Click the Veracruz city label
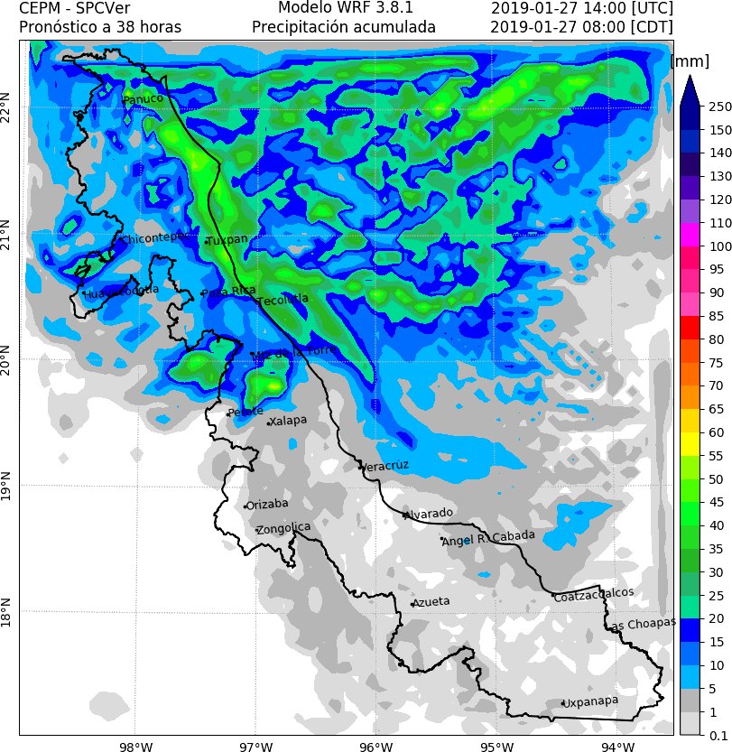385,465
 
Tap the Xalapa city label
289,421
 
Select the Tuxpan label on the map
227,240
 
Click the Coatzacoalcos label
594,595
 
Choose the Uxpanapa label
590,701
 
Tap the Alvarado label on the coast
429,514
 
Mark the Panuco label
143,98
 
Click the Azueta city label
431,601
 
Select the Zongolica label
283,528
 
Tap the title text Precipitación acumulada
344,27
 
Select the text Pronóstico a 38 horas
99,27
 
